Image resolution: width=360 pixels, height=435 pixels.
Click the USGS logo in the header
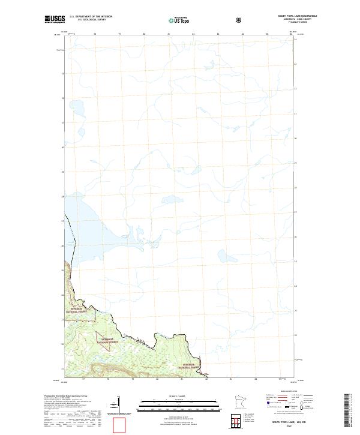pos(55,20)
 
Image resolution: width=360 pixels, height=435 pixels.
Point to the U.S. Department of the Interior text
pos(91,17)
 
